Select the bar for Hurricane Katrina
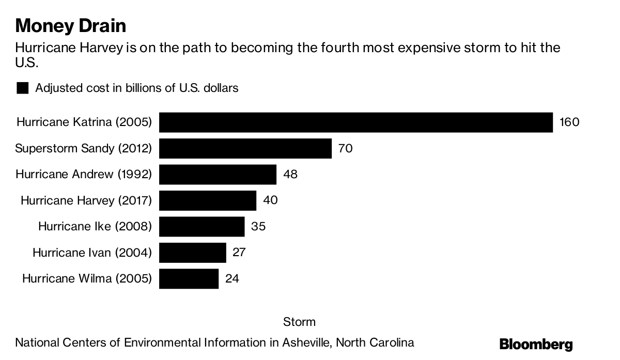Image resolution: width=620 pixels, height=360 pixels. (x=356, y=122)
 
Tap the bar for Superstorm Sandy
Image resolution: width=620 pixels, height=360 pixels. (x=245, y=149)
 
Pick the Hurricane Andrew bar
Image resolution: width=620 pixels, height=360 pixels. (x=218, y=175)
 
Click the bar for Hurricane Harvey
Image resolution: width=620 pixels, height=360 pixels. (x=207, y=200)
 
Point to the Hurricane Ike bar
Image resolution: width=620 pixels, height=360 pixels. (x=202, y=226)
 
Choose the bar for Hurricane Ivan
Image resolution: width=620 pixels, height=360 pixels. (x=192, y=253)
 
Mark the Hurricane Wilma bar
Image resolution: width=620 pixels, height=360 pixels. (x=189, y=279)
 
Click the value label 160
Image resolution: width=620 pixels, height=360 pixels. (x=569, y=122)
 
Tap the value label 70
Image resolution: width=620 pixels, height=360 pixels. (x=345, y=149)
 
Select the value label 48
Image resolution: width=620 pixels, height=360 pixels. (x=290, y=175)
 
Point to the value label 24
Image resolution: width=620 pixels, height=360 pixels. (x=232, y=279)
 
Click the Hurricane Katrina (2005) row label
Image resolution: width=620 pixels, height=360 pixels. (x=84, y=122)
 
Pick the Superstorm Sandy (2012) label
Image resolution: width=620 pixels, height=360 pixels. (x=84, y=149)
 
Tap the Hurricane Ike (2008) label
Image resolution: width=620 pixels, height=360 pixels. (x=95, y=226)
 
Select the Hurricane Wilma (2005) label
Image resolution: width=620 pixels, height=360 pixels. (x=87, y=279)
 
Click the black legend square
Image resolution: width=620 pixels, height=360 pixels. (x=23, y=88)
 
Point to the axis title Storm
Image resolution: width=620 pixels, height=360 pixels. (x=299, y=322)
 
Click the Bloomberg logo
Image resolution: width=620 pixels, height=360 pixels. (x=536, y=345)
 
